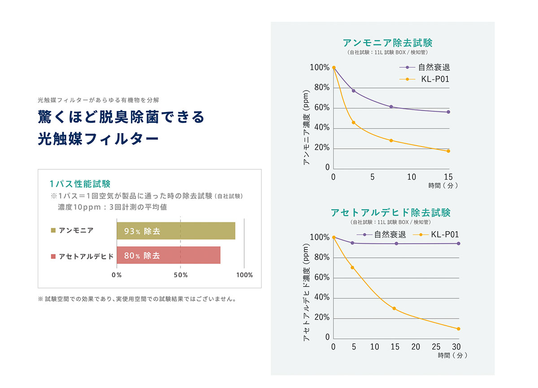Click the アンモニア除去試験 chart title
pos(387,43)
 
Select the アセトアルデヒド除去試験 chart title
pos(390,212)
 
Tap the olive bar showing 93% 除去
pos(176,231)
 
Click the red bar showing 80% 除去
pos(169,255)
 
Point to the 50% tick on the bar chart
pos(180,275)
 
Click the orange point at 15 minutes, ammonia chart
pos(448,151)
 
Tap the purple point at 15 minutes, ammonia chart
pos(448,112)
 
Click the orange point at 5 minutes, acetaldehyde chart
pos(352,267)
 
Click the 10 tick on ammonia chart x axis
pos(411,177)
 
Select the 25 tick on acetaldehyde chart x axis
pos(436,347)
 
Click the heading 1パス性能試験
pos(80,184)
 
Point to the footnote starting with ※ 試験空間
pos(137,299)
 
